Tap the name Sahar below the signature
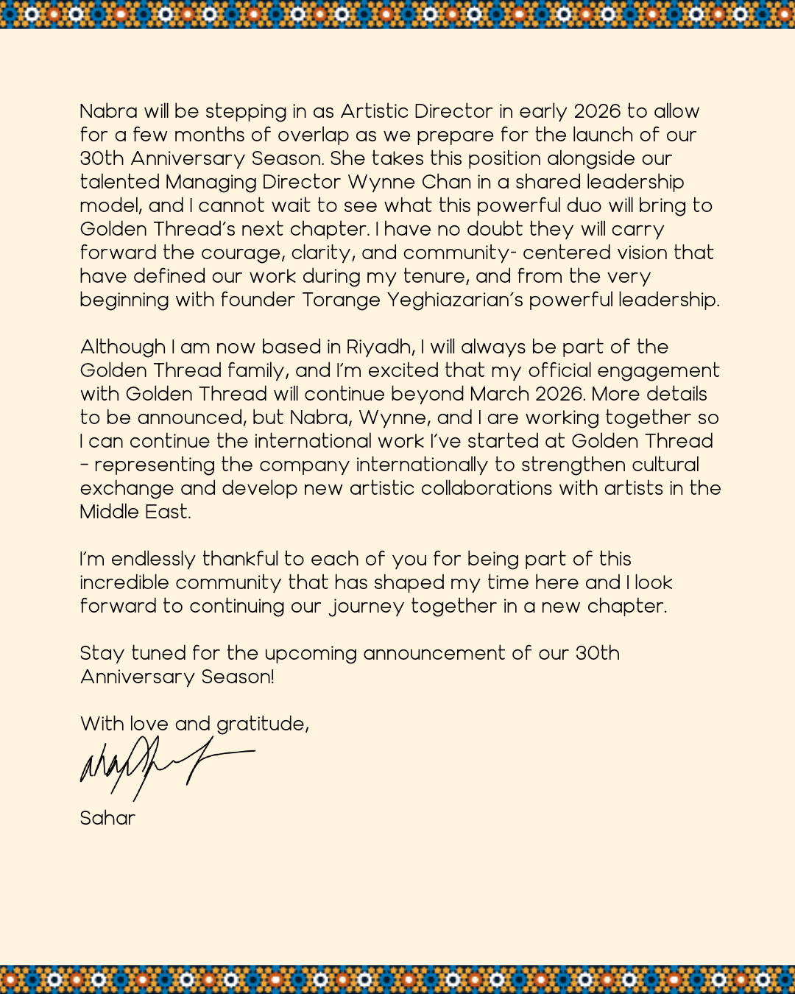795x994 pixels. click(107, 818)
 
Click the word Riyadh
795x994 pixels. click(380, 347)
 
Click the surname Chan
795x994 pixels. click(446, 182)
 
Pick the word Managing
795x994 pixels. click(211, 183)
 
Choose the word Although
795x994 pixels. click(123, 347)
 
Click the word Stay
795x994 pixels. click(102, 654)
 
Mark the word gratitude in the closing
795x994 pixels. click(262, 725)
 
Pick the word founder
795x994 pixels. click(258, 300)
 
